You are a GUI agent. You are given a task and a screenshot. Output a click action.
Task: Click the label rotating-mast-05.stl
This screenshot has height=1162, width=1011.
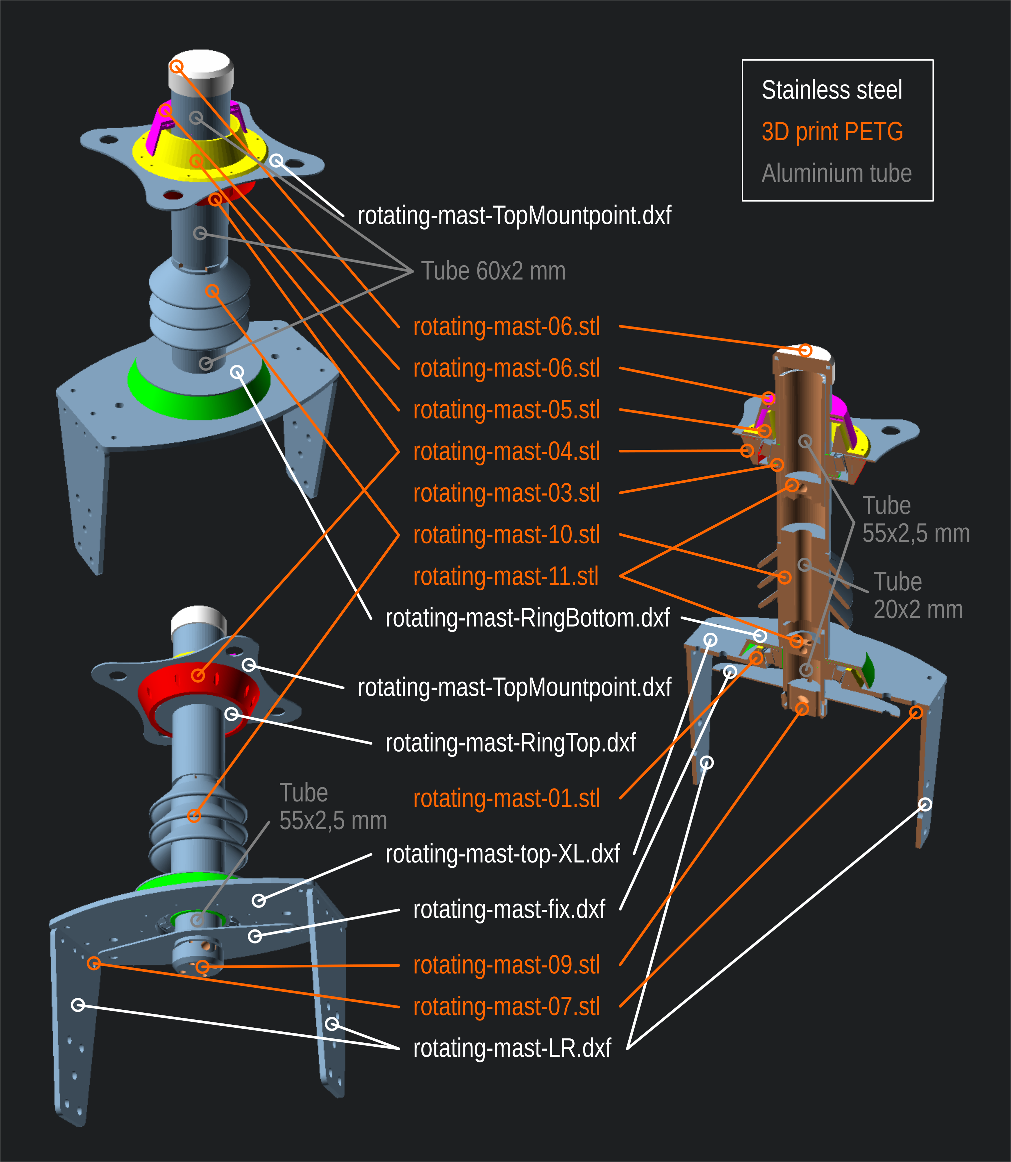tap(506, 410)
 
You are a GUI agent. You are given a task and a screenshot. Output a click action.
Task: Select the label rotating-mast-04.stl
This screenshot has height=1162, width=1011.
tap(506, 452)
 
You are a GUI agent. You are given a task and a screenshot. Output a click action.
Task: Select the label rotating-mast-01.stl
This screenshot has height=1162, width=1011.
tap(506, 799)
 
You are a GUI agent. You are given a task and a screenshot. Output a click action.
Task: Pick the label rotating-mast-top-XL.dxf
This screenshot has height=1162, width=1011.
tap(502, 854)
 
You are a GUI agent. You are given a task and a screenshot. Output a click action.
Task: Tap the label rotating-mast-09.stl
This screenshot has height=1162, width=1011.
tap(506, 965)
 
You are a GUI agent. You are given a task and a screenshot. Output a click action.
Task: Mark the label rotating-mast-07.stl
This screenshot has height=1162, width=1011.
tap(506, 1007)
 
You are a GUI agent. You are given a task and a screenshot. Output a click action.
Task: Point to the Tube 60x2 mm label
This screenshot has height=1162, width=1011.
tap(493, 271)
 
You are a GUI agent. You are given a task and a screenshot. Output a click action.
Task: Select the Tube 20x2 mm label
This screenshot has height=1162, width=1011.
tap(917, 596)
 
